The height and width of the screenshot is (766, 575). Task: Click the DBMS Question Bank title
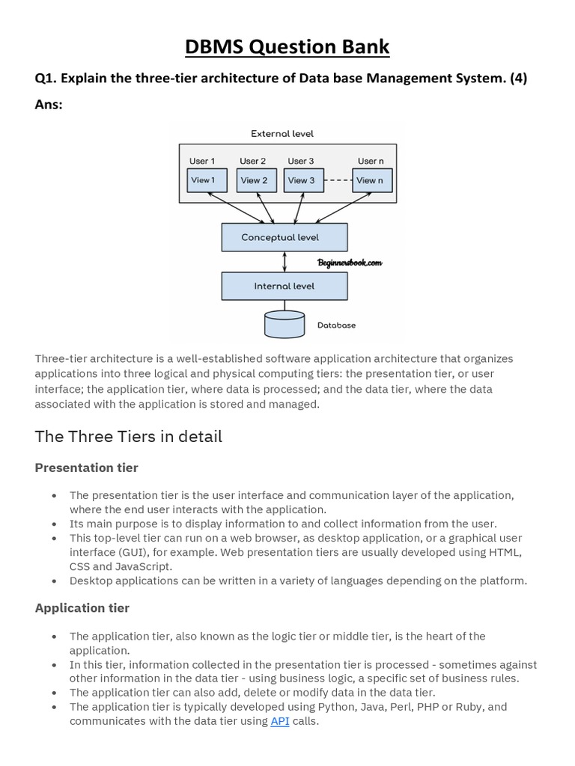287,46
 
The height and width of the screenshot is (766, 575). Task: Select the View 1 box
203,180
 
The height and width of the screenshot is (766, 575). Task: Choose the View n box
371,180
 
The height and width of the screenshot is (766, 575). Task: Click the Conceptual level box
285,238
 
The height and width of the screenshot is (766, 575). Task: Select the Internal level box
285,286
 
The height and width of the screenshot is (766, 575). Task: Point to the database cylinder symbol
285,324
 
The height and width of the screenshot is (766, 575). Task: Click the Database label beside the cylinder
337,325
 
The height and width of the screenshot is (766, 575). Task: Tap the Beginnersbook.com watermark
350,263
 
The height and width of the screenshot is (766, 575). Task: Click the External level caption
282,134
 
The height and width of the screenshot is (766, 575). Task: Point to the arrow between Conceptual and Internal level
285,262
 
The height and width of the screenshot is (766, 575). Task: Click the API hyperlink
279,721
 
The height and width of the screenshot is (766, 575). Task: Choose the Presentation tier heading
87,468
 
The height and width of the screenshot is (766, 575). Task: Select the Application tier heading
82,608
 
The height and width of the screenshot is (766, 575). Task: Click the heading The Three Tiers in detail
129,436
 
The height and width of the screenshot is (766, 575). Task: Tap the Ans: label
49,105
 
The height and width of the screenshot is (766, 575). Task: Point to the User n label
371,161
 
